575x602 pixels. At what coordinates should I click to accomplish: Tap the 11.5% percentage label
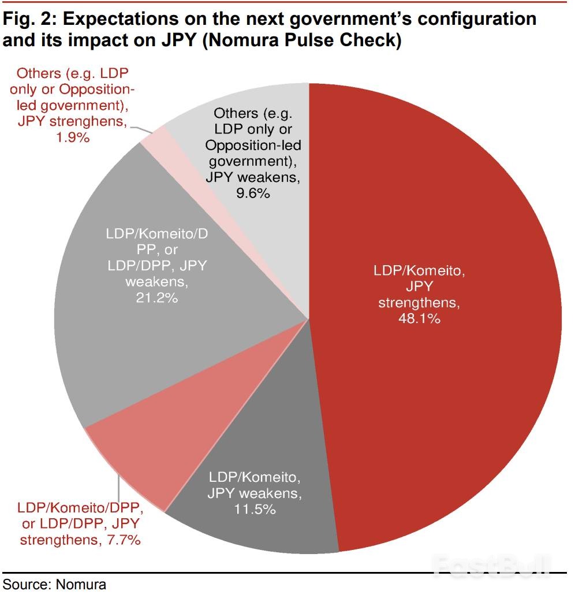pos(254,509)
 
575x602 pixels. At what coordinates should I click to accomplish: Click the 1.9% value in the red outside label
pos(72,138)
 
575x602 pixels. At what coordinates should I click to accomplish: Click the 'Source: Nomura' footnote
pos(55,584)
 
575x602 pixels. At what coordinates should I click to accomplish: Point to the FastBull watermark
pos(491,566)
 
